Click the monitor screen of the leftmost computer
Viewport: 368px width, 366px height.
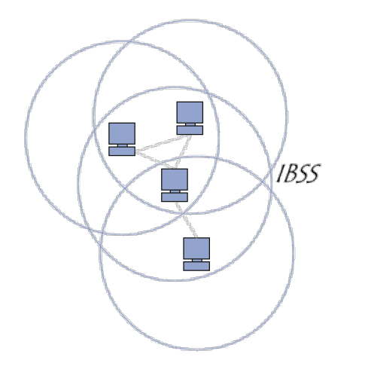pos(122,133)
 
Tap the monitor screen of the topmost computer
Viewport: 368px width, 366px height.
pos(190,112)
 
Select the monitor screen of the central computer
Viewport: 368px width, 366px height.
pos(175,179)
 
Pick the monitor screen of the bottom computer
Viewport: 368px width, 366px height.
pos(196,249)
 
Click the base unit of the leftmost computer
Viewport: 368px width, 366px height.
pos(122,151)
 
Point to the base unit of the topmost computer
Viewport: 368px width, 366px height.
pos(190,130)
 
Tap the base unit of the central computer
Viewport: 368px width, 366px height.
pos(175,197)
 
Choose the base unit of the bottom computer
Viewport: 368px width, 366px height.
pos(196,266)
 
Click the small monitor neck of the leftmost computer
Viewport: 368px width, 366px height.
pos(123,145)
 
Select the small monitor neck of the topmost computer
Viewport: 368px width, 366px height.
pos(190,124)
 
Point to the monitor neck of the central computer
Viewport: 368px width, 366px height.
pos(175,191)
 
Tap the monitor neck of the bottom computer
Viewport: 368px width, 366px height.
pos(197,261)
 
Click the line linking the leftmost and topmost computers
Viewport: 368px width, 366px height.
pos(163,144)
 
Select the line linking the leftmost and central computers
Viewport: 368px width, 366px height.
pos(154,160)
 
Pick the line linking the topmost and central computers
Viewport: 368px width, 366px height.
pos(183,152)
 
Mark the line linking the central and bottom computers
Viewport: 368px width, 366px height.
pos(186,219)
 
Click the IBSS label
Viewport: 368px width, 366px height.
pos(299,173)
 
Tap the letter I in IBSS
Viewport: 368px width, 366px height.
pos(281,173)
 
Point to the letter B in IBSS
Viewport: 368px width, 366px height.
pos(290,173)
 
